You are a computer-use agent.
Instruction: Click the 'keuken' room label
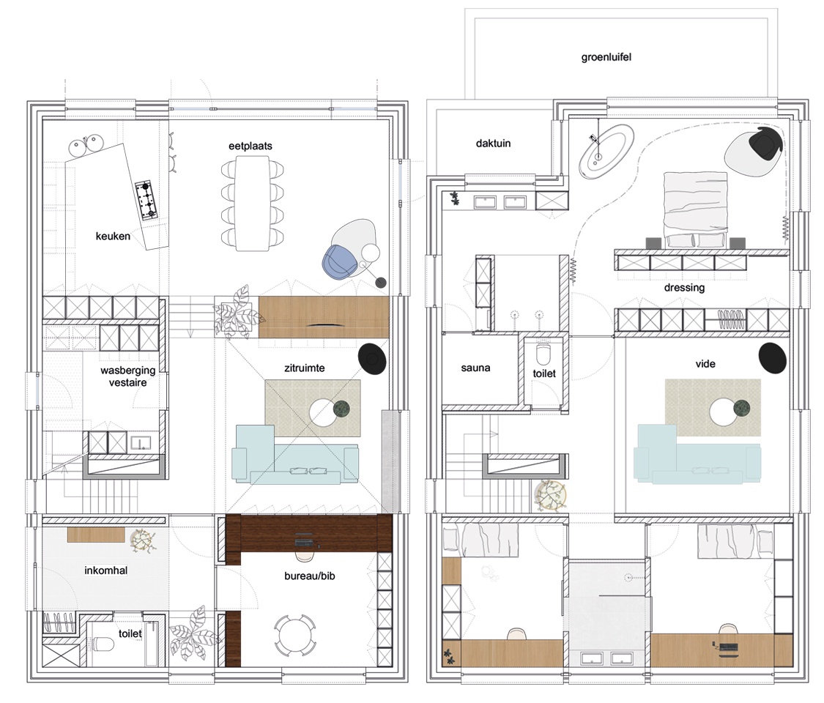point(113,237)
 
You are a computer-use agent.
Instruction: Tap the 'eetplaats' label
point(250,146)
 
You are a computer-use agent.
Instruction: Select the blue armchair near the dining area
point(339,262)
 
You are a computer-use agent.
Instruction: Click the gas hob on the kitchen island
point(147,200)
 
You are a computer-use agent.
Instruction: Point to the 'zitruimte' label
point(304,368)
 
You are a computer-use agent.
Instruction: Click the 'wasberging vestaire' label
point(127,376)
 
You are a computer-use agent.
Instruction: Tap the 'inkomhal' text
point(105,570)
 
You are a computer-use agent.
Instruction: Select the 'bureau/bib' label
point(310,576)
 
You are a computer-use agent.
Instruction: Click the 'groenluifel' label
point(606,57)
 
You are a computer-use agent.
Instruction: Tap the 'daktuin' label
point(493,144)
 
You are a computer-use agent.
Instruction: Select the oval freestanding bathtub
point(606,151)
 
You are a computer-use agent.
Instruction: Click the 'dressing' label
point(684,287)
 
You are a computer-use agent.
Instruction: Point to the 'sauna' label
point(475,368)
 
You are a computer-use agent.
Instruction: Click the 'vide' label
point(705,364)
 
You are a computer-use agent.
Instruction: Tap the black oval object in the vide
point(772,358)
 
